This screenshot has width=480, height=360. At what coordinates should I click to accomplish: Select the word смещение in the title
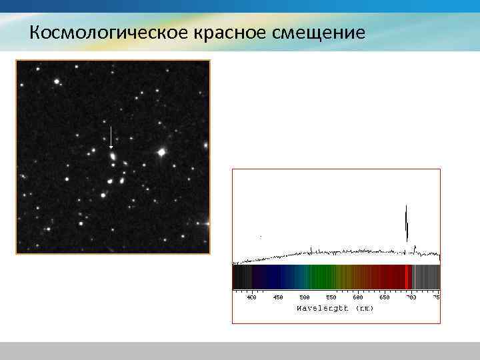coord(319,32)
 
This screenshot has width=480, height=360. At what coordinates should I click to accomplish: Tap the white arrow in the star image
coord(111,136)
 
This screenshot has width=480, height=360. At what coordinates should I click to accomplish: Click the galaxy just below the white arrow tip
coord(112,157)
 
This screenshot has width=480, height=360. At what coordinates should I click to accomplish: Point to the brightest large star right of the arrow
coord(161,153)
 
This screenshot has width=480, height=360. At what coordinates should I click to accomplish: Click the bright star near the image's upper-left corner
coord(57,82)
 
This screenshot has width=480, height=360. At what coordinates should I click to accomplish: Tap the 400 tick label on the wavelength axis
coord(251,297)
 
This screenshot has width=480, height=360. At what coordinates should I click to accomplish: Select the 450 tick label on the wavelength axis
coord(278,297)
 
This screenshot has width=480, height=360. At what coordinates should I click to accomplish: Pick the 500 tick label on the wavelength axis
coord(305,297)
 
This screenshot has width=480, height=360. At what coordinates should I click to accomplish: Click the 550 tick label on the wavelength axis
coord(331,297)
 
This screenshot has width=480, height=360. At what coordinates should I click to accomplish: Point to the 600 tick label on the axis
coord(358,297)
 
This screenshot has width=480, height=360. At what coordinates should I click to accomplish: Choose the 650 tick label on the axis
coord(385,297)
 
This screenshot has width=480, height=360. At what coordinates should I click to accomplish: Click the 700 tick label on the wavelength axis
coord(411,297)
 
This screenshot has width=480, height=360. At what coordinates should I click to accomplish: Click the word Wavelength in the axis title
coord(323,308)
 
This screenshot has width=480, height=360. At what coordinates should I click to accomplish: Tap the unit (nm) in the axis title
coord(365,308)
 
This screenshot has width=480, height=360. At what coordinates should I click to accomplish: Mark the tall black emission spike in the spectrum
coord(407,223)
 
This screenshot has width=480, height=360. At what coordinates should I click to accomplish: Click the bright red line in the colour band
coord(408,277)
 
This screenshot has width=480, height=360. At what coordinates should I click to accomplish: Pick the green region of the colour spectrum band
coord(320,277)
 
